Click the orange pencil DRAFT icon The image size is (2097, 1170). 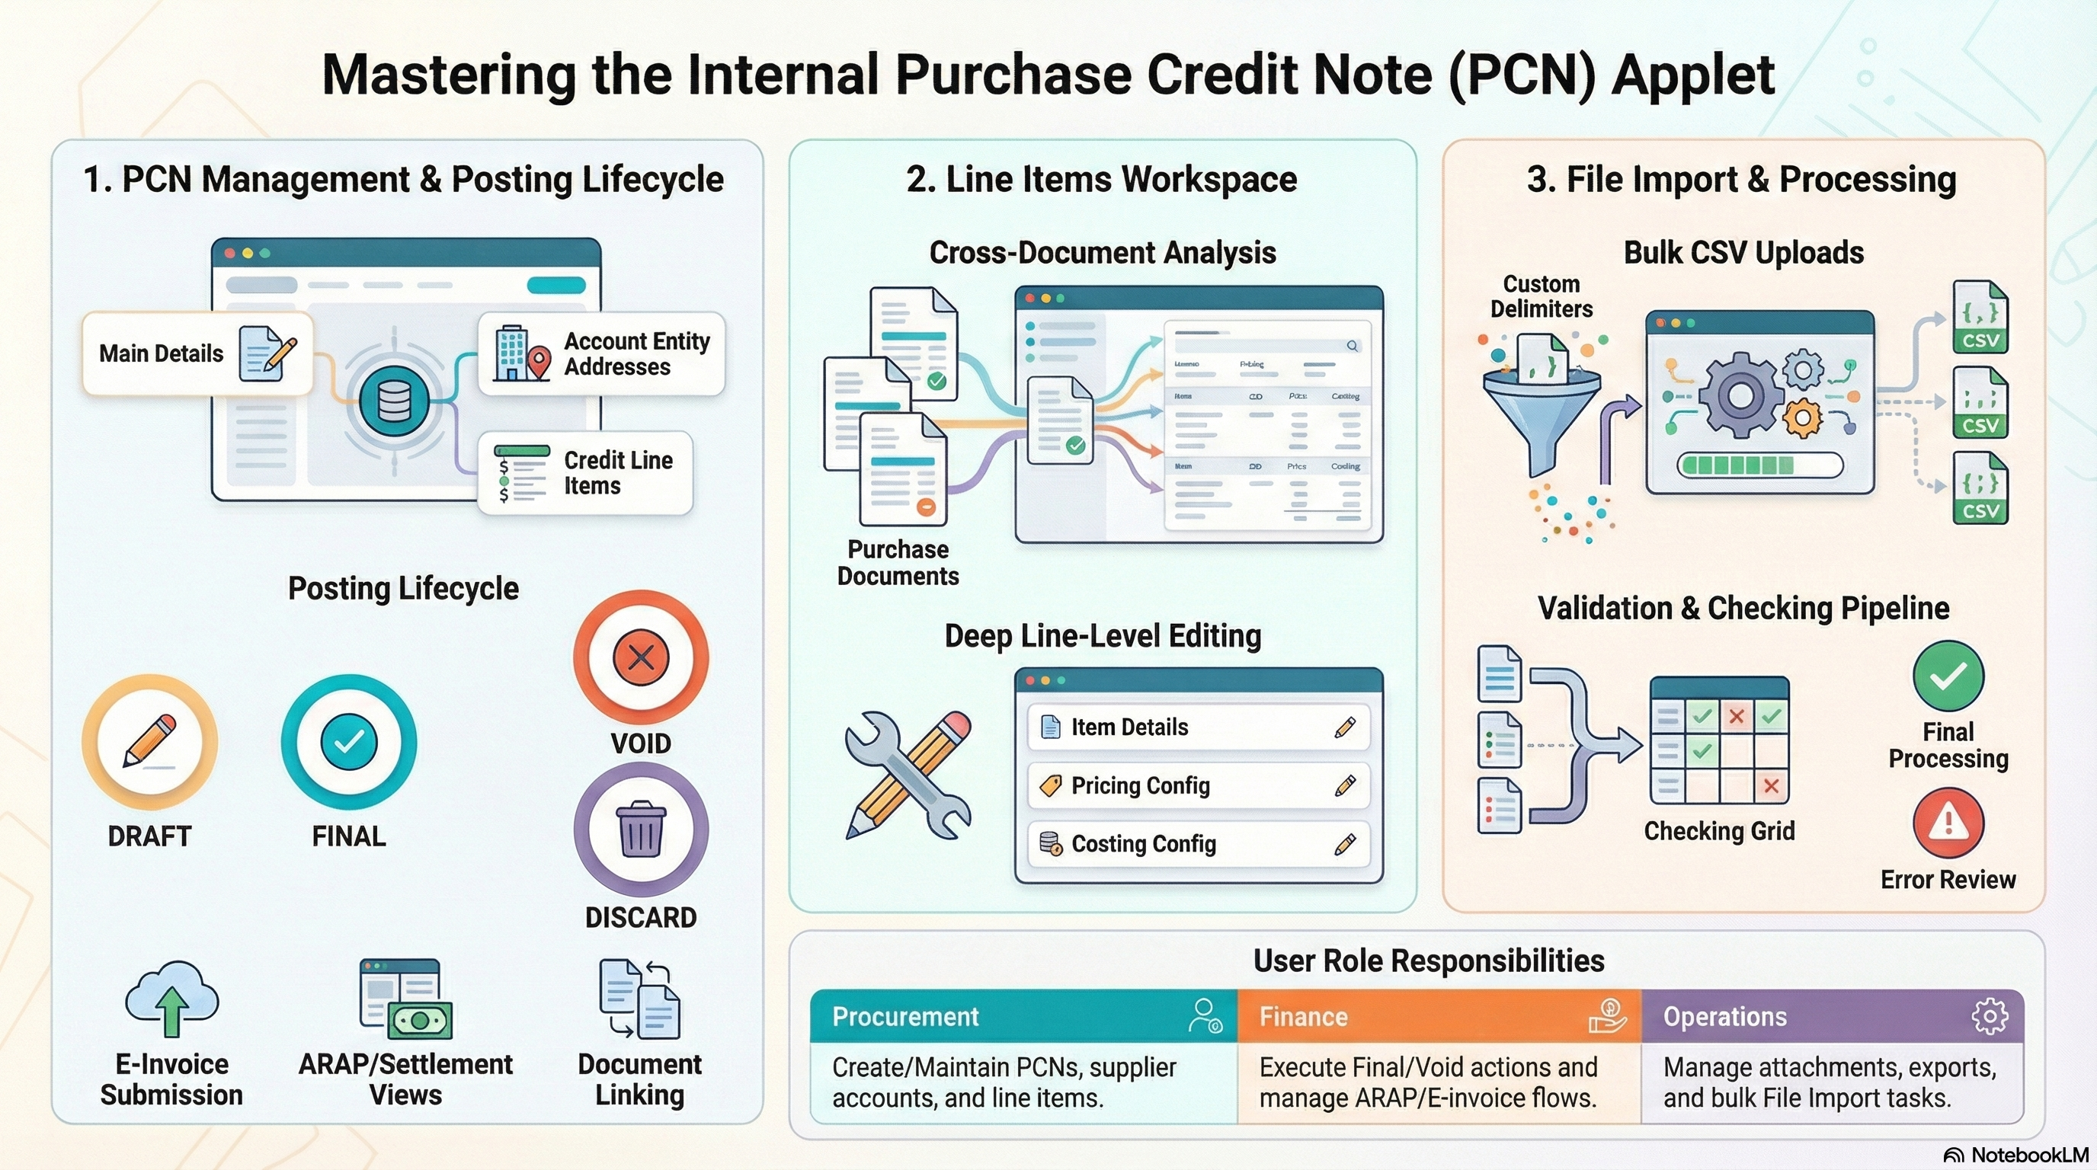pos(150,741)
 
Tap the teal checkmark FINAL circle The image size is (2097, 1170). pos(348,741)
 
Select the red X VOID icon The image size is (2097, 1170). pos(641,657)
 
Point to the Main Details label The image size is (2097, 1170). pos(162,354)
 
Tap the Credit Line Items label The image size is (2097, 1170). pos(618,473)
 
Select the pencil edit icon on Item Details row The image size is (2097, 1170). pos(1345,727)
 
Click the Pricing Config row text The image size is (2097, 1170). pos(1140,786)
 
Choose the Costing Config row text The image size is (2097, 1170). pos(1143,845)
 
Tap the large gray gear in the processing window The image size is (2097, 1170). pos(1740,396)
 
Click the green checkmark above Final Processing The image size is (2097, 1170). pos(1948,676)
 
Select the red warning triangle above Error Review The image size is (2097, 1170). pos(1948,823)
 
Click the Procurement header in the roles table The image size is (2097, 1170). pos(905,1017)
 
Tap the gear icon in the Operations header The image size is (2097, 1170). pos(1989,1016)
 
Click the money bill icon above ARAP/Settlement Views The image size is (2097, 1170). pos(419,1020)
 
